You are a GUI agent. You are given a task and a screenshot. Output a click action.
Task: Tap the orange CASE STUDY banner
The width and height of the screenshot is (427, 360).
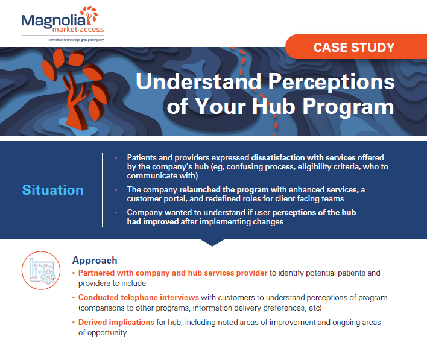coord(355,47)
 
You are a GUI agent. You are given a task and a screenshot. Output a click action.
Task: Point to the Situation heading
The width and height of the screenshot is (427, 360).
coord(53,190)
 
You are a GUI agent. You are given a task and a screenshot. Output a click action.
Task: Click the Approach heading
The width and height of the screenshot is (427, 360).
coord(95,261)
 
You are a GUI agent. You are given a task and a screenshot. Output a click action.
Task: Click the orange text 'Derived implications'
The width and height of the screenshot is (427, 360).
coord(116,323)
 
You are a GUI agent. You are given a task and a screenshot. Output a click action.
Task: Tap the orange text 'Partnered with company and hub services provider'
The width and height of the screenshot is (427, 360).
coord(173,273)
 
